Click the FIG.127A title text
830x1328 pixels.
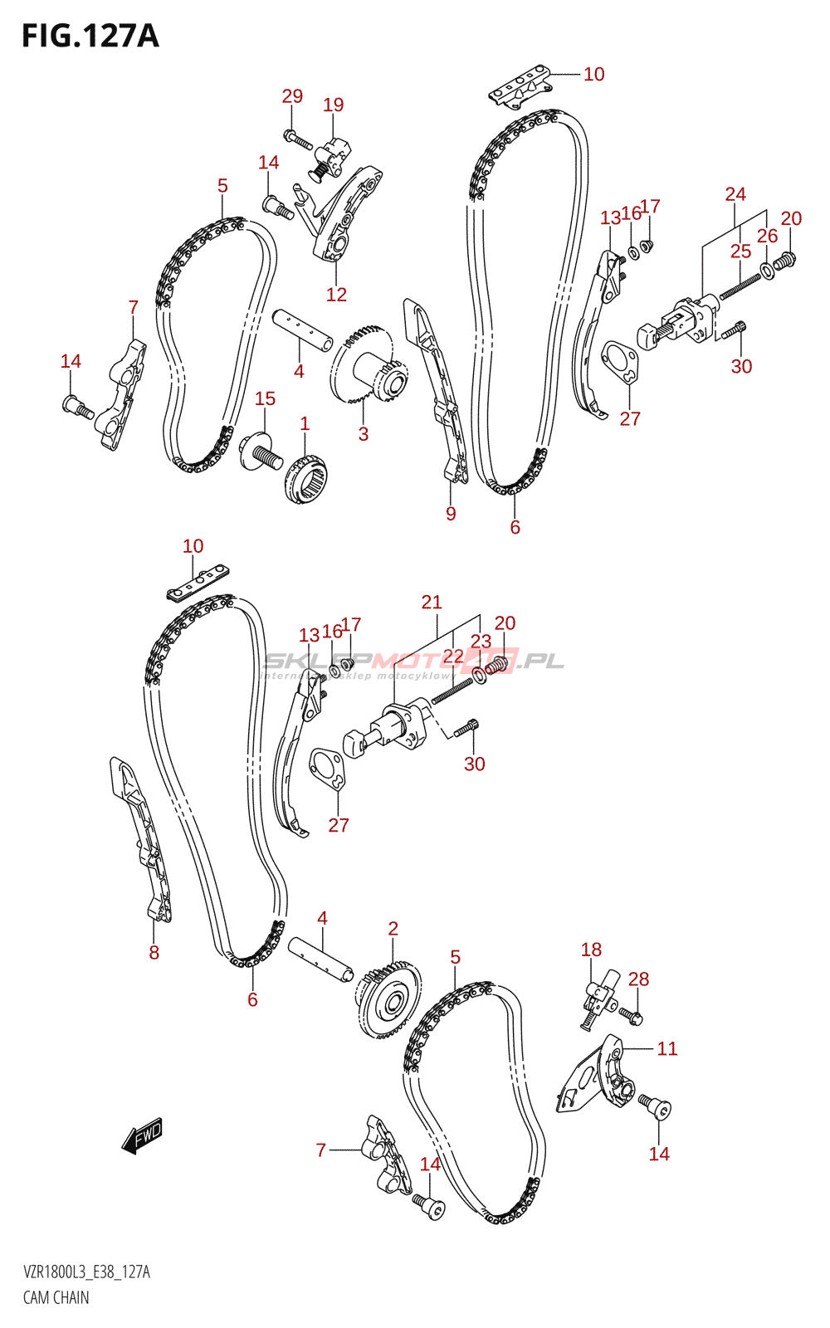click(90, 37)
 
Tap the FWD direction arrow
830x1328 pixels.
click(142, 1135)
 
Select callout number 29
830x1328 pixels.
click(292, 96)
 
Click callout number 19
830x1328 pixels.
click(333, 105)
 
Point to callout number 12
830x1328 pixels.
click(336, 295)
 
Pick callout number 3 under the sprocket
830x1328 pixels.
click(363, 433)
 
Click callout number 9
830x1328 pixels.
click(451, 513)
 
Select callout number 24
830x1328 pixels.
click(735, 194)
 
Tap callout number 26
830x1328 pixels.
click(767, 236)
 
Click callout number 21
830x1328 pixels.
click(432, 602)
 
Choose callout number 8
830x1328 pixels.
click(154, 953)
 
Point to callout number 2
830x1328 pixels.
click(393, 929)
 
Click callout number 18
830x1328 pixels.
click(591, 950)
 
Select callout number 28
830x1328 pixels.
click(638, 979)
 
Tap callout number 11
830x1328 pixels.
click(667, 1048)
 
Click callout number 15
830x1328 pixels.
click(265, 398)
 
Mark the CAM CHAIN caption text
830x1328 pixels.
click(56, 1297)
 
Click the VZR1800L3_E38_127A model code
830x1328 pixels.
click(86, 1272)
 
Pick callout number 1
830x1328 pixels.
click(305, 423)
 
